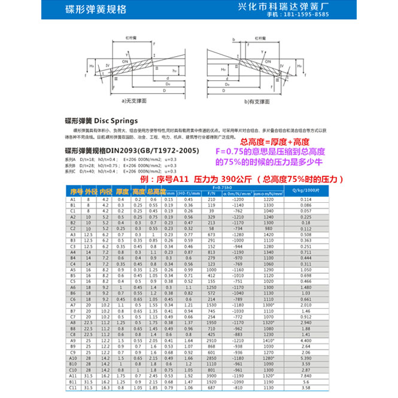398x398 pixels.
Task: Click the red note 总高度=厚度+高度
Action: click(x=275, y=142)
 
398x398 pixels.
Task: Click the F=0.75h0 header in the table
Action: click(x=229, y=187)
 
